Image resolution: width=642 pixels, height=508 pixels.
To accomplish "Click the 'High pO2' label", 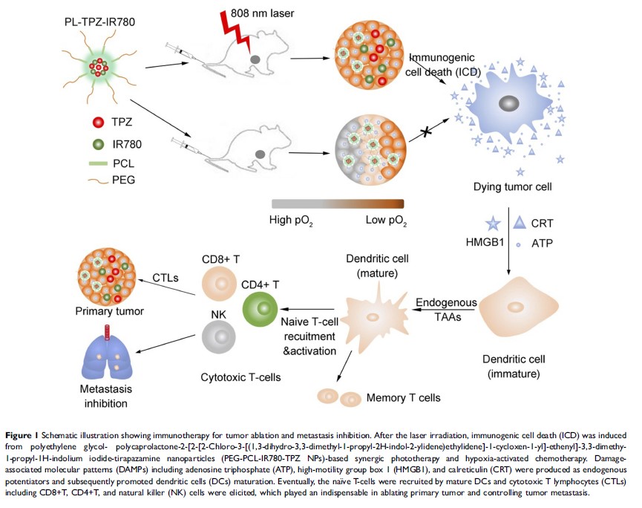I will point(295,221).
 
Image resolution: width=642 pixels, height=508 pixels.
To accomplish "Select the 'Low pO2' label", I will point(386,221).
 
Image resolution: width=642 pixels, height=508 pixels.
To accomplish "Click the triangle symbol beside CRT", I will point(520,221).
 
